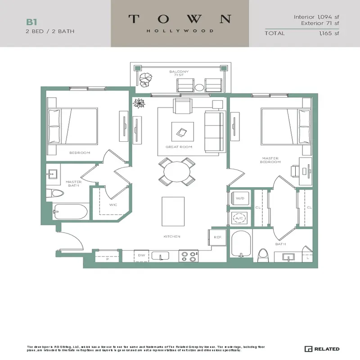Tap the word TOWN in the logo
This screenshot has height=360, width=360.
tap(180, 19)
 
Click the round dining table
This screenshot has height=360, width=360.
tap(177, 172)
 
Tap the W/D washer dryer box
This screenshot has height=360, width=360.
tap(240, 198)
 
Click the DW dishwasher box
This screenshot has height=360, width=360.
tap(141, 255)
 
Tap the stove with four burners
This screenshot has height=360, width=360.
tap(188, 256)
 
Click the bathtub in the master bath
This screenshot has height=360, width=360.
tap(70, 212)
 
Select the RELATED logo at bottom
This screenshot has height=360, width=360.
tap(322, 349)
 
